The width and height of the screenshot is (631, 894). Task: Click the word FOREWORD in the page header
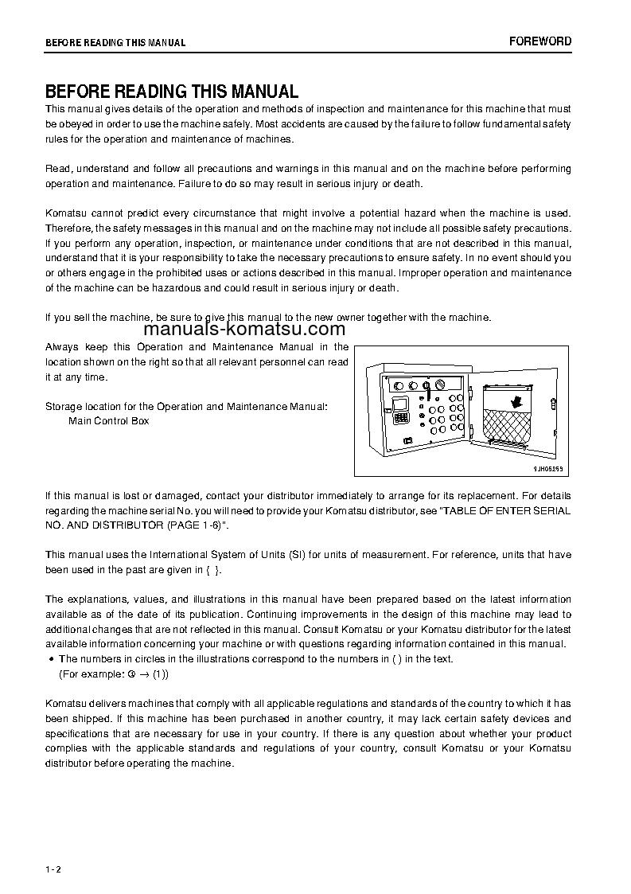coord(540,41)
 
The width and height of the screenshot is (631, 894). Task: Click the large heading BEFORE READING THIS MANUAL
coord(171,92)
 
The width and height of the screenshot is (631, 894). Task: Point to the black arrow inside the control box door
coord(518,403)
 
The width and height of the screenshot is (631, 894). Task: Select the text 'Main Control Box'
coord(108,420)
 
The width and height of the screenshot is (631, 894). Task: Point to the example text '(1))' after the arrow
coord(160,673)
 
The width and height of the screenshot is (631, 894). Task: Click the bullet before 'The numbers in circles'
coord(51,659)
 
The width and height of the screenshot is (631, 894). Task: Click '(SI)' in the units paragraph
coord(309,554)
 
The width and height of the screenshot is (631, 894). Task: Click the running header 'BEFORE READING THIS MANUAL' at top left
coord(115,43)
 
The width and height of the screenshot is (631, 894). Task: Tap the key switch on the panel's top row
coord(428,386)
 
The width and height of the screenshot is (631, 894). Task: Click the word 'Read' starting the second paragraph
coord(56,169)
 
